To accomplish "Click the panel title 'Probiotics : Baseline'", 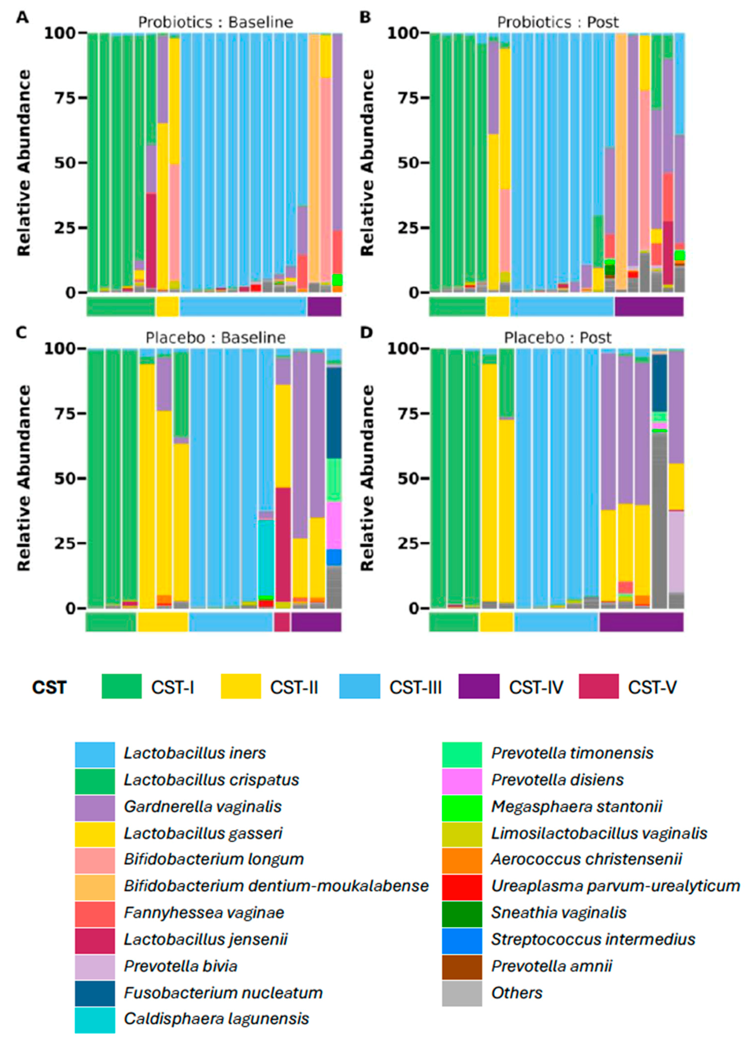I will coord(215,22).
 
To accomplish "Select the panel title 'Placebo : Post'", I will coord(557,338).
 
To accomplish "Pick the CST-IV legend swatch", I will coord(478,687).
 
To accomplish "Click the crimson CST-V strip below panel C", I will coord(282,622).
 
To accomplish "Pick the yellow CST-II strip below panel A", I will coord(167,307).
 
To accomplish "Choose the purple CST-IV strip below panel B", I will coord(649,307).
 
